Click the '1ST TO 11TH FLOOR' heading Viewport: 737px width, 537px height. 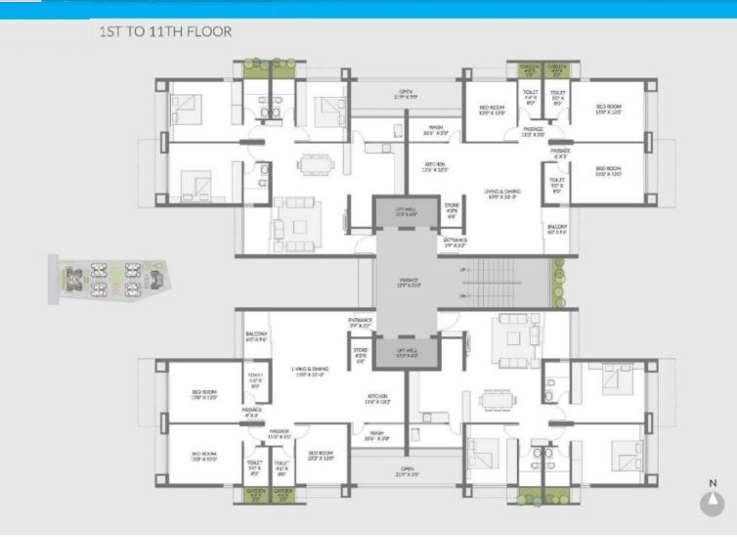pyautogui.click(x=165, y=32)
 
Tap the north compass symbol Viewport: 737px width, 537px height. pyautogui.click(x=713, y=503)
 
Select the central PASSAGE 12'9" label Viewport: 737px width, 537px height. pyautogui.click(x=409, y=283)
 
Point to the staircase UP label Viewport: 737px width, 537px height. pyautogui.click(x=467, y=291)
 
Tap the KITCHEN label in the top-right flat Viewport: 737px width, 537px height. pyautogui.click(x=435, y=166)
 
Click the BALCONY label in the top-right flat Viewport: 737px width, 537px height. pyautogui.click(x=557, y=229)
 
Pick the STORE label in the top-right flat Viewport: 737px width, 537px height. pyautogui.click(x=452, y=207)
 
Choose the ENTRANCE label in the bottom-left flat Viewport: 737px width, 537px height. pyautogui.click(x=360, y=322)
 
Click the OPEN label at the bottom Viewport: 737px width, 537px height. pyautogui.click(x=406, y=471)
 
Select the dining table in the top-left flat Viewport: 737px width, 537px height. pyautogui.click(x=315, y=161)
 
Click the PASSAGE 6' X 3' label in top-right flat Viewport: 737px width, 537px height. pyautogui.click(x=560, y=154)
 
